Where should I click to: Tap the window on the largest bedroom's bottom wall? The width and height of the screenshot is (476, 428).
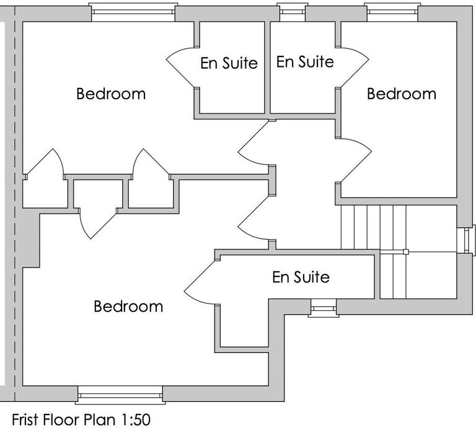point(121,394)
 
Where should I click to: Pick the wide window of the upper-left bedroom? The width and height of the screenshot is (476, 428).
point(132,12)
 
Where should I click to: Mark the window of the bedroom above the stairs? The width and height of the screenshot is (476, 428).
point(392,11)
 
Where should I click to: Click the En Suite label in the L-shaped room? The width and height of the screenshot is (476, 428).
point(301,277)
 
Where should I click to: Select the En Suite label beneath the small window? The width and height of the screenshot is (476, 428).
point(304,62)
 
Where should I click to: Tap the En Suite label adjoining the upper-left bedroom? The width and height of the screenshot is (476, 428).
point(229,63)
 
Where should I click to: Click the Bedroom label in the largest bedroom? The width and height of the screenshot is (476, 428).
point(128,307)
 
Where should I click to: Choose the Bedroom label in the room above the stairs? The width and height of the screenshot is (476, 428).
point(402,94)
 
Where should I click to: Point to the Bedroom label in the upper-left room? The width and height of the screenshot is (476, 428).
point(111,94)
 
